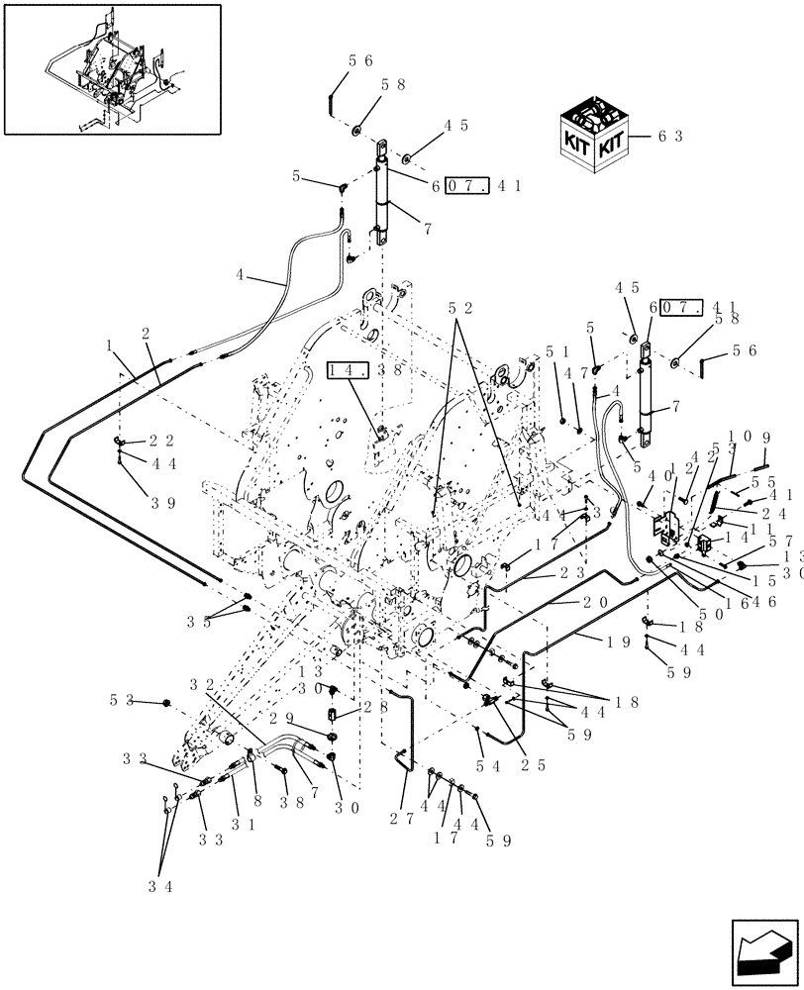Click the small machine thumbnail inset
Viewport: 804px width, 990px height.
[x=111, y=68]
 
